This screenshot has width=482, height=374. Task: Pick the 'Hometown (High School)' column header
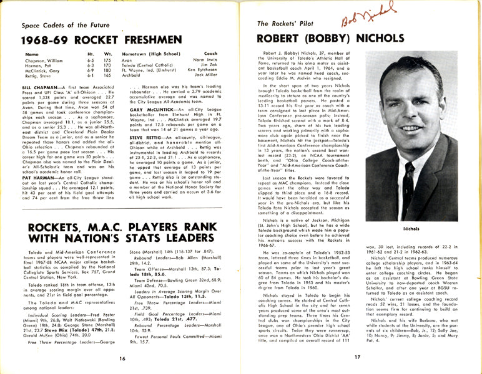click(152, 54)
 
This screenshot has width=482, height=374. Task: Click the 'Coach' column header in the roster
click(214, 54)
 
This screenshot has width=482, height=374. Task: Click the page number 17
click(357, 357)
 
